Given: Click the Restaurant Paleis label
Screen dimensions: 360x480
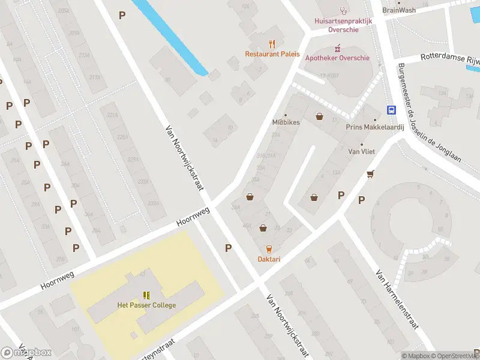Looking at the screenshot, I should tap(272, 54).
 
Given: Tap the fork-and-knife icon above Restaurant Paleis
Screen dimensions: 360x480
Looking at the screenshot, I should tap(272, 43).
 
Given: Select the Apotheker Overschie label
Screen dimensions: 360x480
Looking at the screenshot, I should tap(337, 58).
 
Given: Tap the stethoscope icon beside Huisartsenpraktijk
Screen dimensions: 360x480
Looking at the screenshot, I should tap(343, 10).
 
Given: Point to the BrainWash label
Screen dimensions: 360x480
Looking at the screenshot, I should tap(399, 10).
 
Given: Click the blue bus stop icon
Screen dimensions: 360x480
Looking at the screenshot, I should tap(391, 110).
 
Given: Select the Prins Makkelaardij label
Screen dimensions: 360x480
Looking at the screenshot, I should tap(375, 127).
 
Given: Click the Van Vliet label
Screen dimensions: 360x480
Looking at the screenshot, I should tap(361, 152).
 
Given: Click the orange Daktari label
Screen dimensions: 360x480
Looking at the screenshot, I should tap(269, 259).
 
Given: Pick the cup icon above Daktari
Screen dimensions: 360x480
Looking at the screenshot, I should tap(269, 249).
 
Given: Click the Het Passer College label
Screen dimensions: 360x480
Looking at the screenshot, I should tap(146, 305).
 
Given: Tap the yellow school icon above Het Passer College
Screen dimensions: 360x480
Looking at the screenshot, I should tap(146, 295).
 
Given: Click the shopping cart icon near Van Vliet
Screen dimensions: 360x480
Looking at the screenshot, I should tap(370, 174).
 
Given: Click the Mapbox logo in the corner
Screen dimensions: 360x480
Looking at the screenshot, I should tap(26, 352).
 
